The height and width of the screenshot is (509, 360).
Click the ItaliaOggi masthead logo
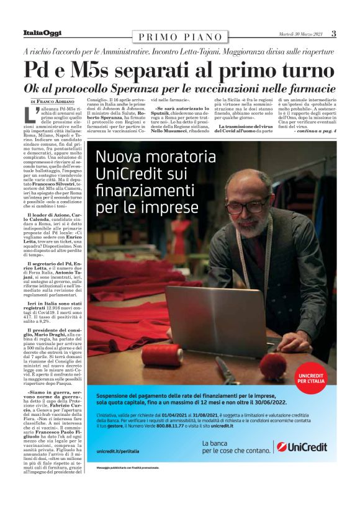(43, 33)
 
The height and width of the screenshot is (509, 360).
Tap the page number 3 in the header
(333, 34)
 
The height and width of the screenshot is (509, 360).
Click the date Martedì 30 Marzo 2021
(300, 34)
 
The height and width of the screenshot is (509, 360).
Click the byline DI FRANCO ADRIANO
(52, 101)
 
